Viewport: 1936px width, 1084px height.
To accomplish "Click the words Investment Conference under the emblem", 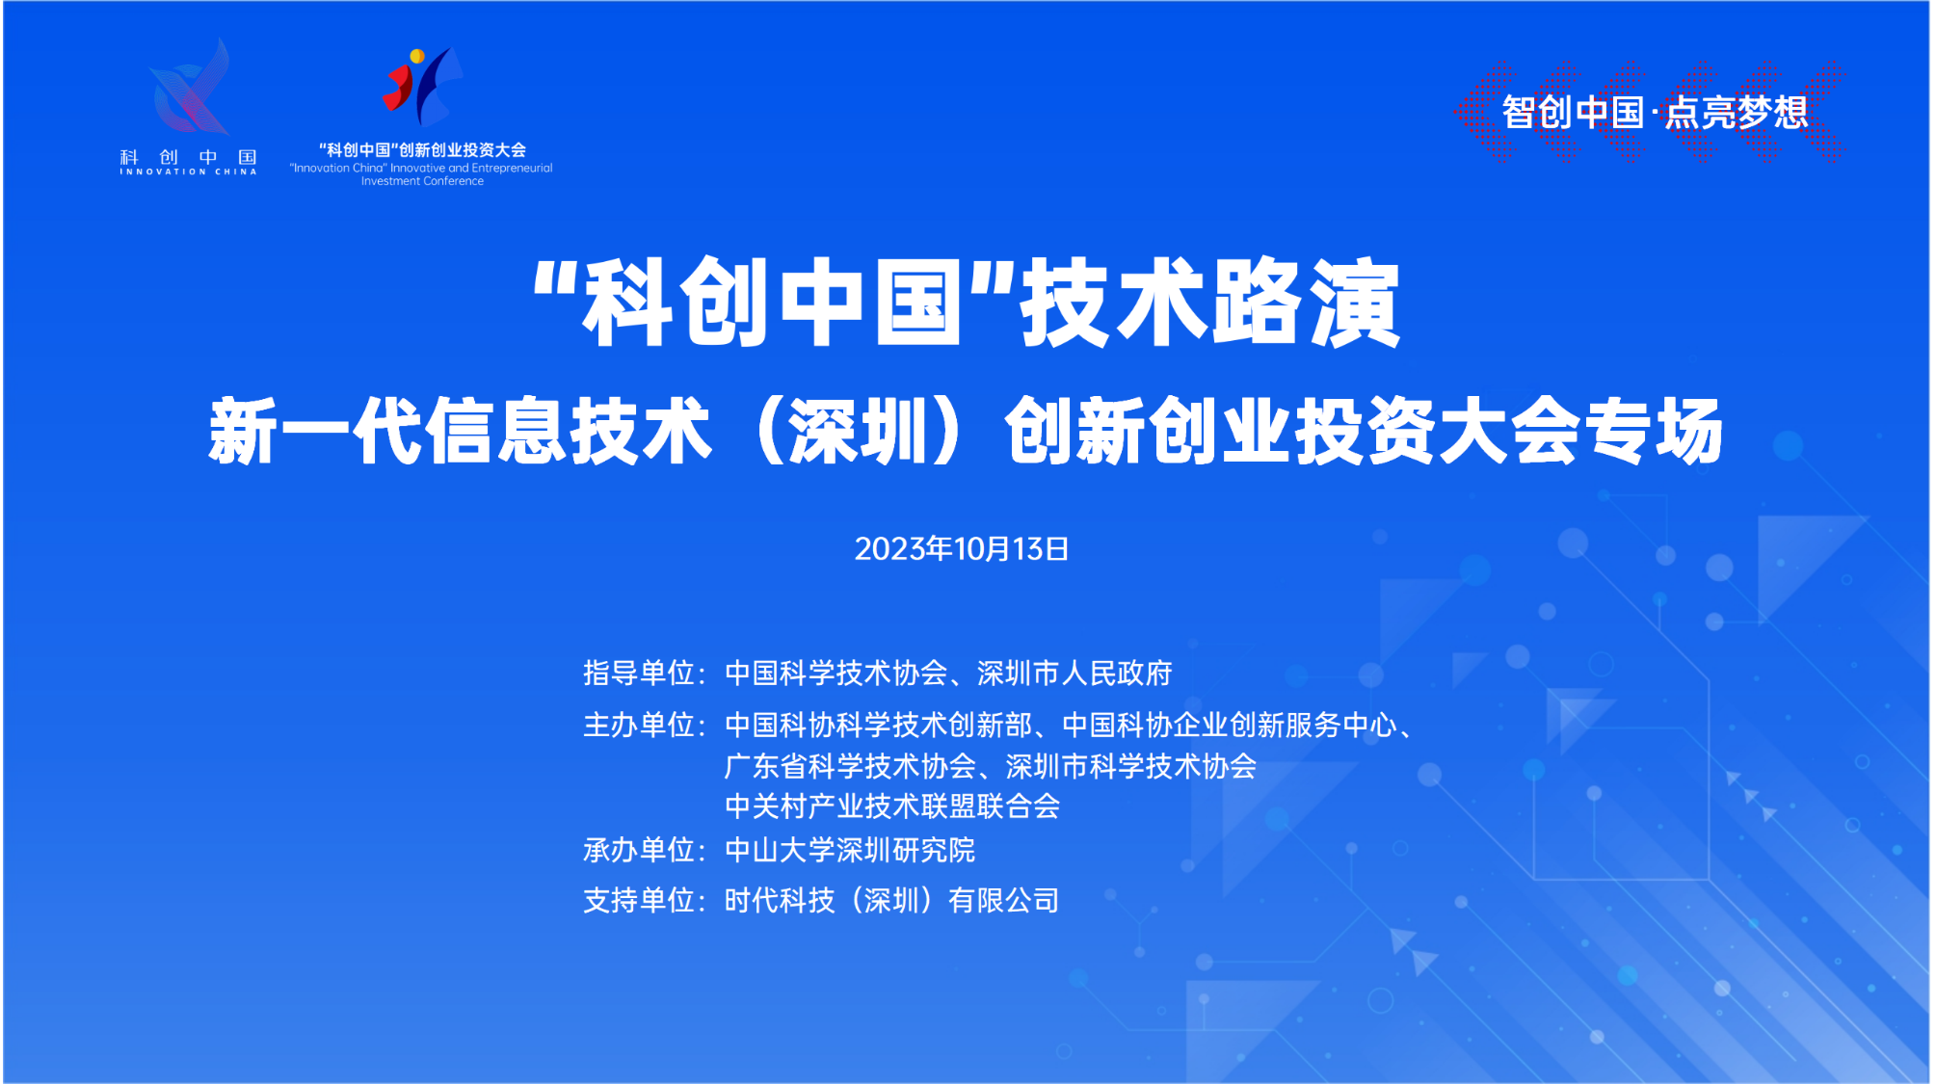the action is (x=422, y=181).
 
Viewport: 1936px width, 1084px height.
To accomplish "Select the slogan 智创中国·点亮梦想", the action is (x=1654, y=113).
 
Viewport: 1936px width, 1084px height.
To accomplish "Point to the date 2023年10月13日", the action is (x=962, y=549).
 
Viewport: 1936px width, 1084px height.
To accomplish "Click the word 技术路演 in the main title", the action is (x=1210, y=303).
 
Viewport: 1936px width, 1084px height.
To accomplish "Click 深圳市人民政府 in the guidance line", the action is (x=1074, y=673).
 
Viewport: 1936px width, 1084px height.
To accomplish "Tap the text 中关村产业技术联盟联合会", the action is (x=892, y=806).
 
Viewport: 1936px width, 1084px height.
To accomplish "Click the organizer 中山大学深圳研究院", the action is (x=850, y=850).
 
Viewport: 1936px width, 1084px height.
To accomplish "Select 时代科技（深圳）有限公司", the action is (x=892, y=900).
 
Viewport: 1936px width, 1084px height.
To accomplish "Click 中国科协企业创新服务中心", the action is (x=1230, y=725).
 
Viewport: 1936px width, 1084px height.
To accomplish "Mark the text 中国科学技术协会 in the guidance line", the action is (x=836, y=673).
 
